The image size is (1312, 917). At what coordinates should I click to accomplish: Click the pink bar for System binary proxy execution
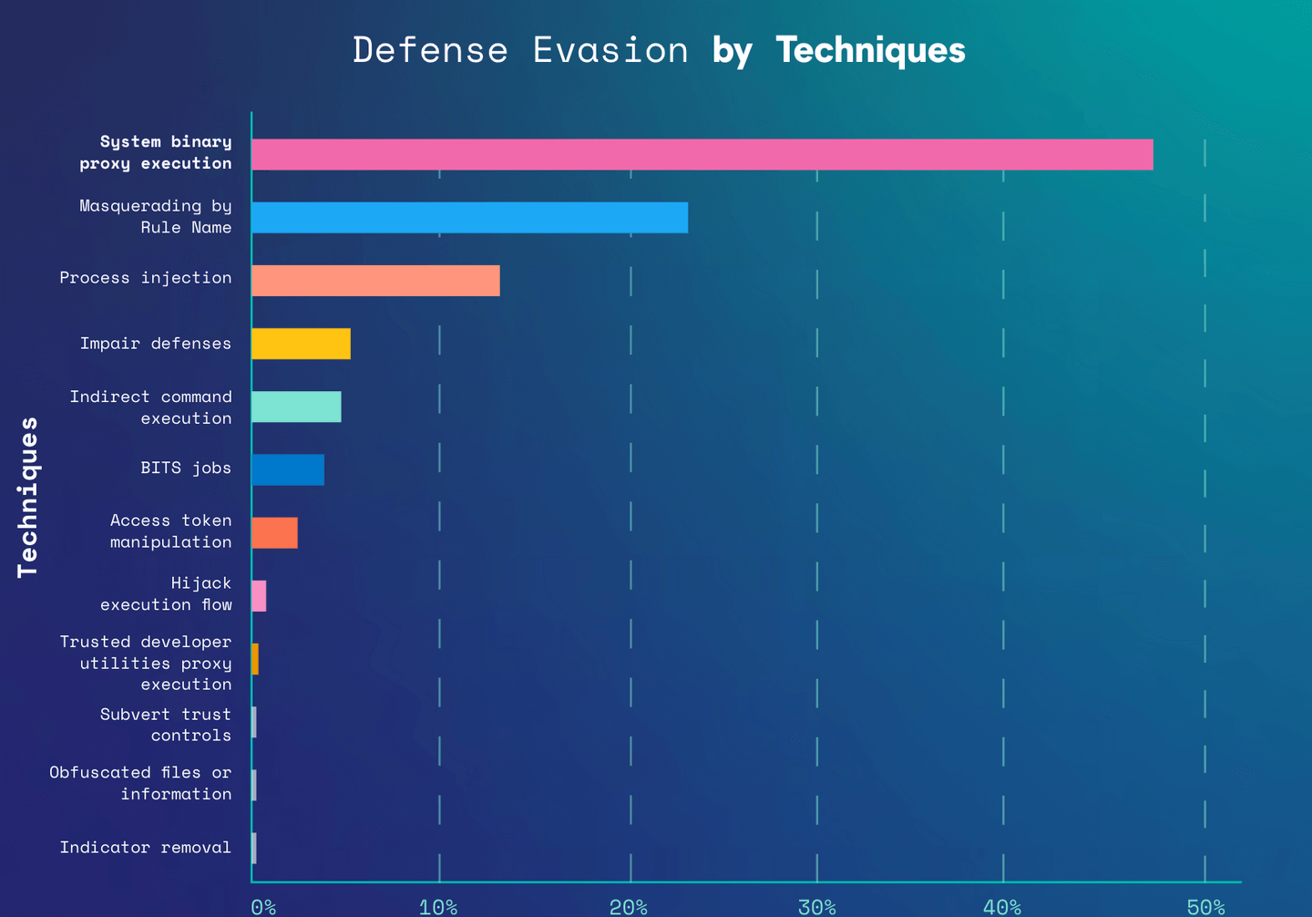coord(702,155)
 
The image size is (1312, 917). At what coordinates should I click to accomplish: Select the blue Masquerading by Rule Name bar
coord(469,218)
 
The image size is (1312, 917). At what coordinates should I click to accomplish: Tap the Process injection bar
coord(375,281)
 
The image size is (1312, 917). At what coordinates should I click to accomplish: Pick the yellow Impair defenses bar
coord(301,344)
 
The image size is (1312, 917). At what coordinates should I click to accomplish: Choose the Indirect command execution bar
coord(296,407)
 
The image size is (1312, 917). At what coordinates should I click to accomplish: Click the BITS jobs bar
coord(288,469)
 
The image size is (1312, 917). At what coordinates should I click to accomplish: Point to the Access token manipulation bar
coord(274,532)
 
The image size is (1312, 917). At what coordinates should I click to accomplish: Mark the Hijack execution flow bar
coord(259,596)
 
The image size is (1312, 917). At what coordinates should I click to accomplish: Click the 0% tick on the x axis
coord(263,907)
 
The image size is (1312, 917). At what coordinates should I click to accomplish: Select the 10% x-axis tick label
coord(438,907)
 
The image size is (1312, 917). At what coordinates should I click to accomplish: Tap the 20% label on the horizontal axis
coord(629,907)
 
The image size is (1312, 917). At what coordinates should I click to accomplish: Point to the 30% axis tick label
coord(817,907)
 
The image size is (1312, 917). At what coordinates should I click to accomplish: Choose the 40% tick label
coord(1002,907)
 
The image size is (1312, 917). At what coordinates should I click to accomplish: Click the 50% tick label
coord(1205,907)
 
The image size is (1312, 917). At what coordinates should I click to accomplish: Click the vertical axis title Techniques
coord(28,497)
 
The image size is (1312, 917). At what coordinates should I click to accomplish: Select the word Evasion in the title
coord(610,50)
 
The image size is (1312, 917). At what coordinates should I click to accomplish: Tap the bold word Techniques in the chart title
coord(870,50)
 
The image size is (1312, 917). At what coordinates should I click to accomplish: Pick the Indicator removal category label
coord(146,848)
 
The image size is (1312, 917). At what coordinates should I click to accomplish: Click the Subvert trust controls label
coord(166,725)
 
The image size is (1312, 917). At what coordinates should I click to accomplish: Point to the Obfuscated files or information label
coord(140,783)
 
